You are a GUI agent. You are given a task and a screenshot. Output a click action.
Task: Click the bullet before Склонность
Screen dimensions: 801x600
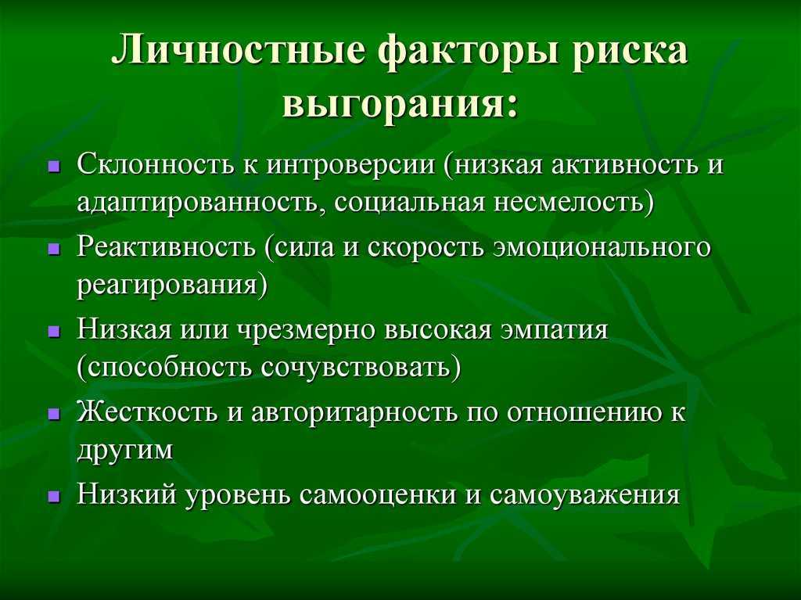click(x=54, y=167)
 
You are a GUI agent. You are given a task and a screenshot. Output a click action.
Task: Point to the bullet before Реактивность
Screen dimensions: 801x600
click(x=54, y=250)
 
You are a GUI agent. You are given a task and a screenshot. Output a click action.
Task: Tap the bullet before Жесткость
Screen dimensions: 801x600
click(x=54, y=414)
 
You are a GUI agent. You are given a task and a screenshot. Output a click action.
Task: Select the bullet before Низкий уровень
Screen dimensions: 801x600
click(x=54, y=496)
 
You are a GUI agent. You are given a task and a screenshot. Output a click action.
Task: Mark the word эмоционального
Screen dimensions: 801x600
click(x=603, y=248)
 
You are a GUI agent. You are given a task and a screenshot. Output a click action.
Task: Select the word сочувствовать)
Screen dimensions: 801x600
click(x=361, y=368)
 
